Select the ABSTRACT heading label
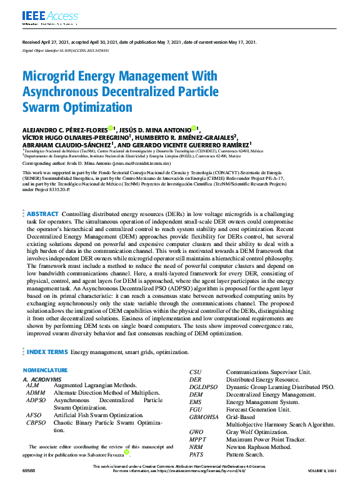click(42, 214)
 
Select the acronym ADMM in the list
click(36, 392)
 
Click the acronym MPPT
click(198, 440)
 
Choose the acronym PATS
click(197, 455)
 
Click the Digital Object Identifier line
click(65, 49)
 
